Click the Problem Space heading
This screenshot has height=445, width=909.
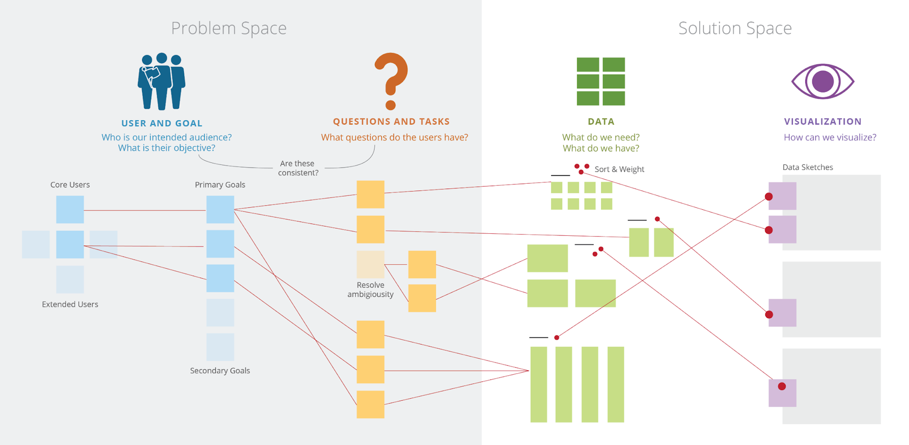pos(229,28)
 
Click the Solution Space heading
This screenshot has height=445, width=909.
pos(735,28)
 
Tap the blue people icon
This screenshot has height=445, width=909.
pos(161,81)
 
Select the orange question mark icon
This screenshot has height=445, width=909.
pos(391,81)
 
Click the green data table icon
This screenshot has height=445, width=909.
pos(600,81)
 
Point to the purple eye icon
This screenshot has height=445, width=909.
pos(822,81)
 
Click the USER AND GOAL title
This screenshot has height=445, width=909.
pos(162,123)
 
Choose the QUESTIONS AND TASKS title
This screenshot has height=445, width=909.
pos(391,122)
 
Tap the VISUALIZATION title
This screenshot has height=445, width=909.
pos(822,122)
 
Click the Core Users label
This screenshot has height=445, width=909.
pos(70,185)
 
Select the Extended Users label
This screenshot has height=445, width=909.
pos(70,304)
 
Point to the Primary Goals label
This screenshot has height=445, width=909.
pos(220,185)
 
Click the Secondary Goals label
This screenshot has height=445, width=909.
pos(220,371)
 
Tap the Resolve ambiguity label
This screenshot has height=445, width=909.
pos(370,290)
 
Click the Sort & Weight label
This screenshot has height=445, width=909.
pos(619,169)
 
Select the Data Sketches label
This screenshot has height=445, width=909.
pos(808,167)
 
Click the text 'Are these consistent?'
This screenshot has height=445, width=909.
pos(298,168)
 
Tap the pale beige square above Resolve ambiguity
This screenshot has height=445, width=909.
pos(370,264)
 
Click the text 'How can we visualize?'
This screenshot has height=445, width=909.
pos(830,137)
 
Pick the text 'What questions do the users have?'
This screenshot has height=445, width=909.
pos(394,137)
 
